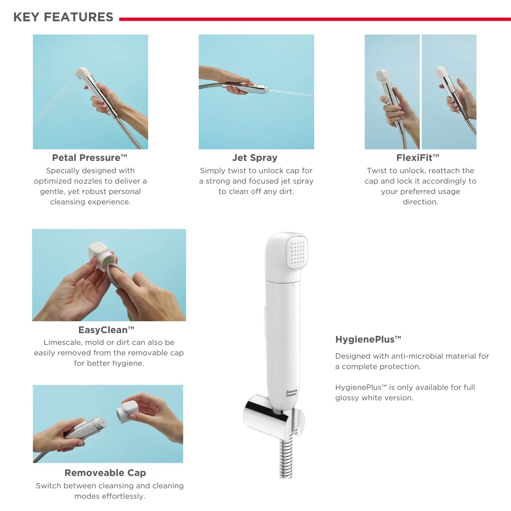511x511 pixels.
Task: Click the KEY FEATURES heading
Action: click(x=63, y=17)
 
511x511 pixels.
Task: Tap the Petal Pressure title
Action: click(x=89, y=158)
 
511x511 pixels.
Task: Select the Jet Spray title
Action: click(x=255, y=158)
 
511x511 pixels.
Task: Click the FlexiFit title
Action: click(x=418, y=158)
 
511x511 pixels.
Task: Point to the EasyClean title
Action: click(x=106, y=330)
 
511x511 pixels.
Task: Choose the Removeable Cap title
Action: click(x=105, y=473)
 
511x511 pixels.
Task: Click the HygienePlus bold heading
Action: click(x=368, y=339)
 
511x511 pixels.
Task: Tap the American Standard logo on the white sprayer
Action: click(x=291, y=393)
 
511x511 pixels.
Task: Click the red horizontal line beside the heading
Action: click(x=315, y=19)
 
